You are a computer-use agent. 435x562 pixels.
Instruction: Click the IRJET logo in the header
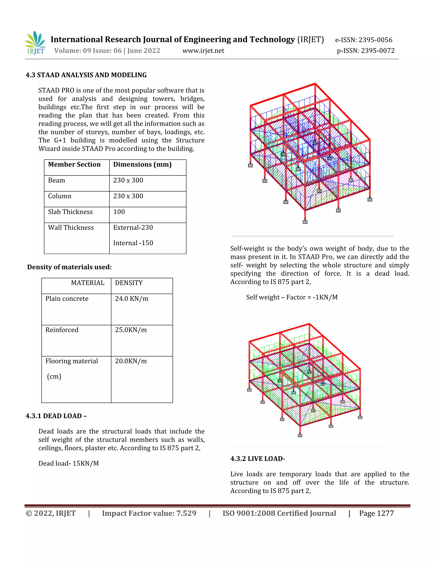pos(35,43)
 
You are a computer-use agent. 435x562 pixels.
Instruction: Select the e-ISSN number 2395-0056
pos(364,40)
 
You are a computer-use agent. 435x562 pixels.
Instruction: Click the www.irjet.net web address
pos(203,51)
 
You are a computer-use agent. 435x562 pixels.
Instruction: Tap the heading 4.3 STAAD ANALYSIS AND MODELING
pos(86,75)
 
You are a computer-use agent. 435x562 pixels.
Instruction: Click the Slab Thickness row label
pos(70,212)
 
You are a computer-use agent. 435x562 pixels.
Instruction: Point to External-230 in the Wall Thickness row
pos(133,228)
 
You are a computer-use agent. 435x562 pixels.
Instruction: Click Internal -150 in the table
pos(133,243)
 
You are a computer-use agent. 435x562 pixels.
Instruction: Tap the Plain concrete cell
pos(67,299)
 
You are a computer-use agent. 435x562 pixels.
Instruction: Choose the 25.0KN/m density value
pos(131,330)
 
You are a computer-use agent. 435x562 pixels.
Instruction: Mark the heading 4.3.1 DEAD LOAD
pos(56,416)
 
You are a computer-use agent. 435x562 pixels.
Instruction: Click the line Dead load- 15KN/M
pos(69,463)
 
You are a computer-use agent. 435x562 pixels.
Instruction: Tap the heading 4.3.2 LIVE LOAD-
pos(257,459)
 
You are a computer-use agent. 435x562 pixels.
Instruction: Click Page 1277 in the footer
pos(376,513)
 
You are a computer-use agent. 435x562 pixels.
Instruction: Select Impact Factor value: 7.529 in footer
pos(149,513)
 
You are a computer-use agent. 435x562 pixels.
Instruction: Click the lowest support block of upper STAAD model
pos(305,222)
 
